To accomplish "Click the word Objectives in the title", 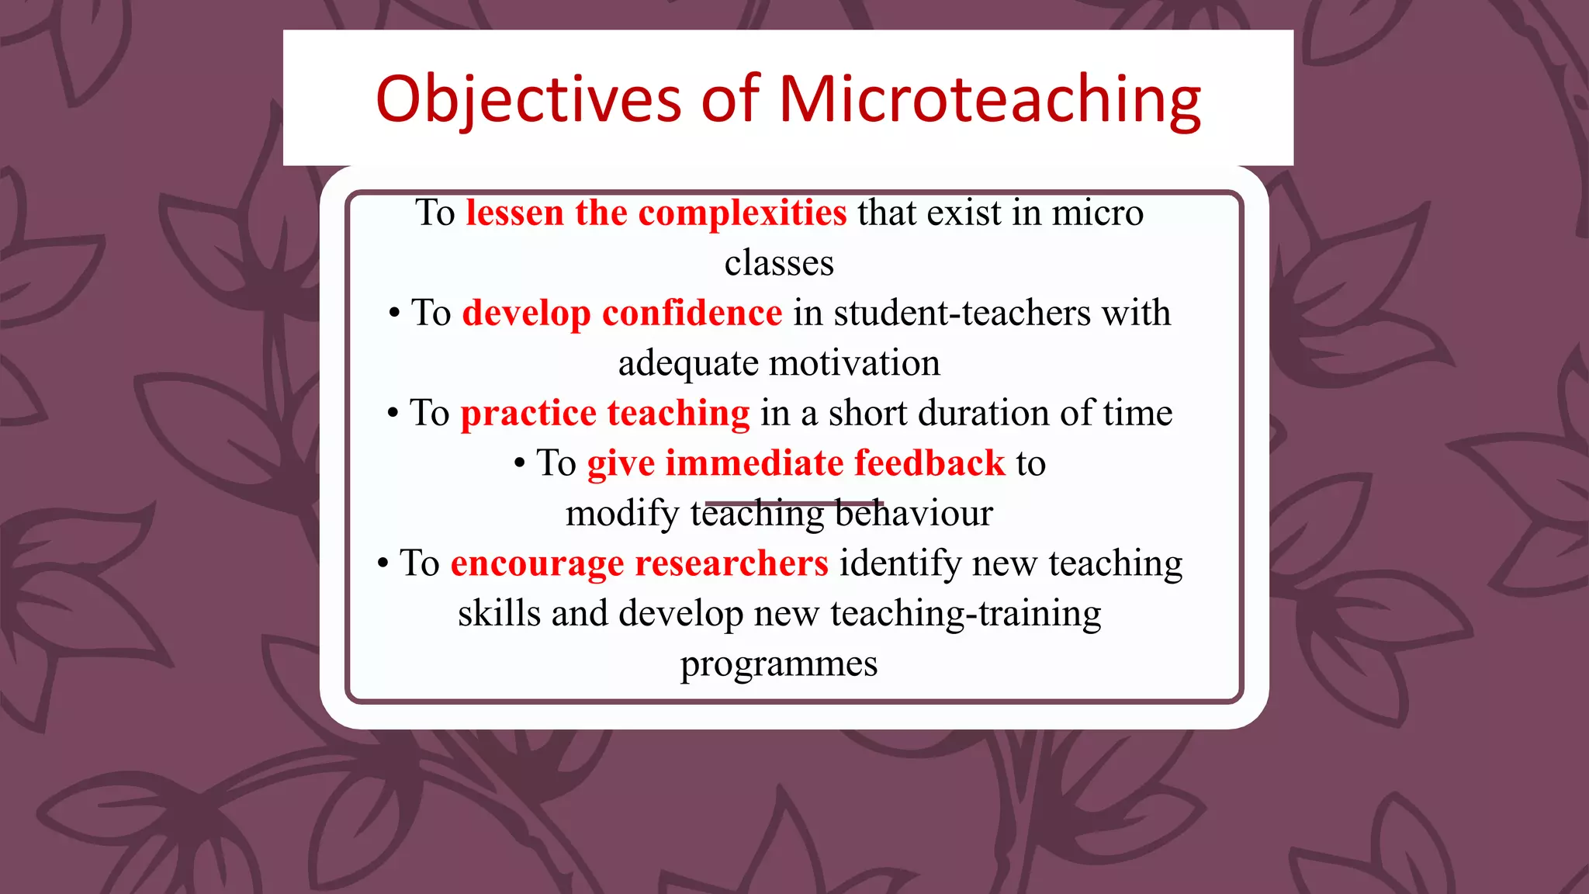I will click(528, 99).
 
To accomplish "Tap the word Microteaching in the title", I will click(990, 99).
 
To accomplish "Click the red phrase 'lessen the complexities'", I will click(656, 213).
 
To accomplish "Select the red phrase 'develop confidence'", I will click(622, 313).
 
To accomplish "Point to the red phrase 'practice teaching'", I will click(605, 413).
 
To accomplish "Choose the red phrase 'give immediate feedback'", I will click(796, 463).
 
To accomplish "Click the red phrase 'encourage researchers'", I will click(639, 563).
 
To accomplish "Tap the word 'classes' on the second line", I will click(779, 263).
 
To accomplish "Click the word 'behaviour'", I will click(914, 514).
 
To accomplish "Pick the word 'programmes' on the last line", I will click(779, 664).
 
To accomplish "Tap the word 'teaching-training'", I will click(965, 614).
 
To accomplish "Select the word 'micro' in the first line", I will click(1097, 213).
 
